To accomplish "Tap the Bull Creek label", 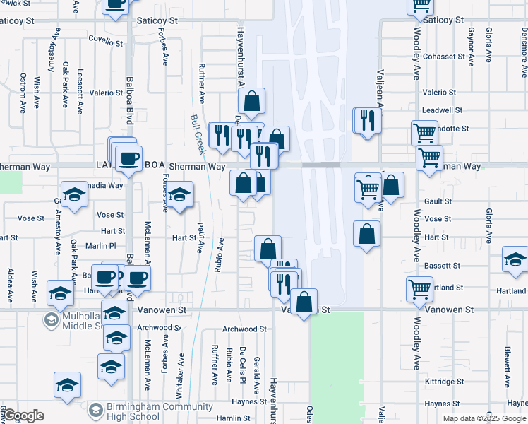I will (198, 135).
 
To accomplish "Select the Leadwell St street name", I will (441, 110).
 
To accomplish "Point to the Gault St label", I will (438, 201).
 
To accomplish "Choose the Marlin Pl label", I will (102, 246).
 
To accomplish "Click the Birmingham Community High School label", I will (150, 411).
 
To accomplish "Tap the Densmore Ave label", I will (523, 54).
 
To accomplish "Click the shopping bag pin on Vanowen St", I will (304, 302).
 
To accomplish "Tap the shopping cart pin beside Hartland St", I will (420, 288).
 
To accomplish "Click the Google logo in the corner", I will (23, 416).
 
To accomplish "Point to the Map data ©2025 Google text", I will (484, 418).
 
